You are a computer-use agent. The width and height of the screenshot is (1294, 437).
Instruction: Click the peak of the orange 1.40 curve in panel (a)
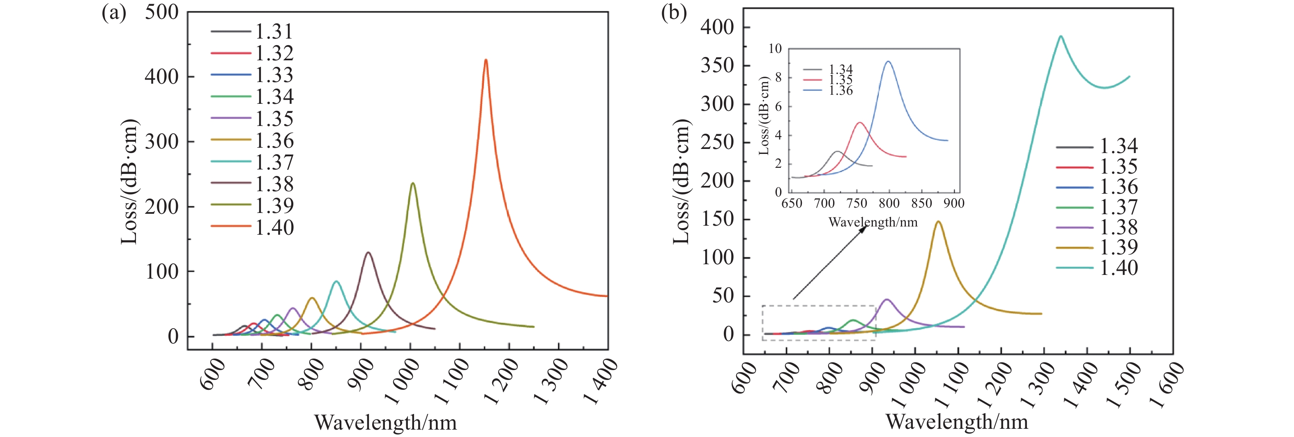(485, 61)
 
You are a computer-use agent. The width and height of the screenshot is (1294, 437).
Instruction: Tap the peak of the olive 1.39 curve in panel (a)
(412, 184)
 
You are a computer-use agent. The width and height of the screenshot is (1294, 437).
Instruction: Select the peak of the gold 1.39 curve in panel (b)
(938, 222)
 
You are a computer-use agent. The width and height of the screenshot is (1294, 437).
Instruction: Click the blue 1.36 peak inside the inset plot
(888, 62)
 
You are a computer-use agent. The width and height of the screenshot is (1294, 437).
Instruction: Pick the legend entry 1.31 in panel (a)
(274, 32)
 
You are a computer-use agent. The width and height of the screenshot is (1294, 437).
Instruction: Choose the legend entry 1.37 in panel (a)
(274, 162)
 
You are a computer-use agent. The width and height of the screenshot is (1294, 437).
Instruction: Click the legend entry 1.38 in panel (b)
(1119, 227)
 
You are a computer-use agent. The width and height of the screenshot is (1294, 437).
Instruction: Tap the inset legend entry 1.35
(840, 80)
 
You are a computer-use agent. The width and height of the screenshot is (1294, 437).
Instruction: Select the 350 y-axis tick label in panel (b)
(717, 66)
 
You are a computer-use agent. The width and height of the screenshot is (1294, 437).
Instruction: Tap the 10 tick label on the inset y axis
(775, 49)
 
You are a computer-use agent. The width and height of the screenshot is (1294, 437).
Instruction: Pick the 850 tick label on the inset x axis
(922, 203)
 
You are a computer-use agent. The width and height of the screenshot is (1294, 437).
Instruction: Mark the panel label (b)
(674, 13)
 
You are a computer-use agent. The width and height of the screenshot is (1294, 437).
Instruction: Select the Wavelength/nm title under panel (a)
(385, 423)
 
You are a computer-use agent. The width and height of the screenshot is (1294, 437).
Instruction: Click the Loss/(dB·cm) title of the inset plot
(764, 116)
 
